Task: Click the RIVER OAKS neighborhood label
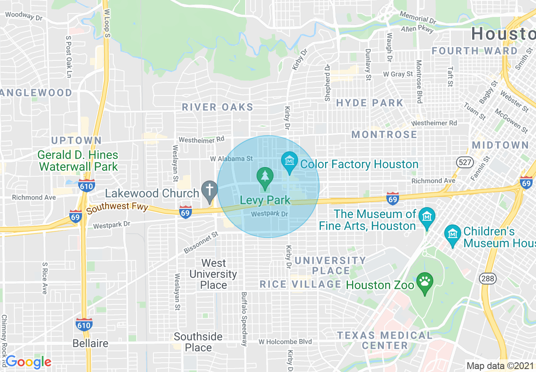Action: point(217,107)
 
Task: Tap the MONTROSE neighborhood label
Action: point(384,135)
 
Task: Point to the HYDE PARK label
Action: point(370,103)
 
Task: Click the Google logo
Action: point(28,362)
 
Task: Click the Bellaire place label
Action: point(90,343)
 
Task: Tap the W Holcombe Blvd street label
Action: point(285,342)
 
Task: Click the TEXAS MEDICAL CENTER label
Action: point(385,340)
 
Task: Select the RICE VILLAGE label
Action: point(300,284)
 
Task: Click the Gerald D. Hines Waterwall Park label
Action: point(78,161)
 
